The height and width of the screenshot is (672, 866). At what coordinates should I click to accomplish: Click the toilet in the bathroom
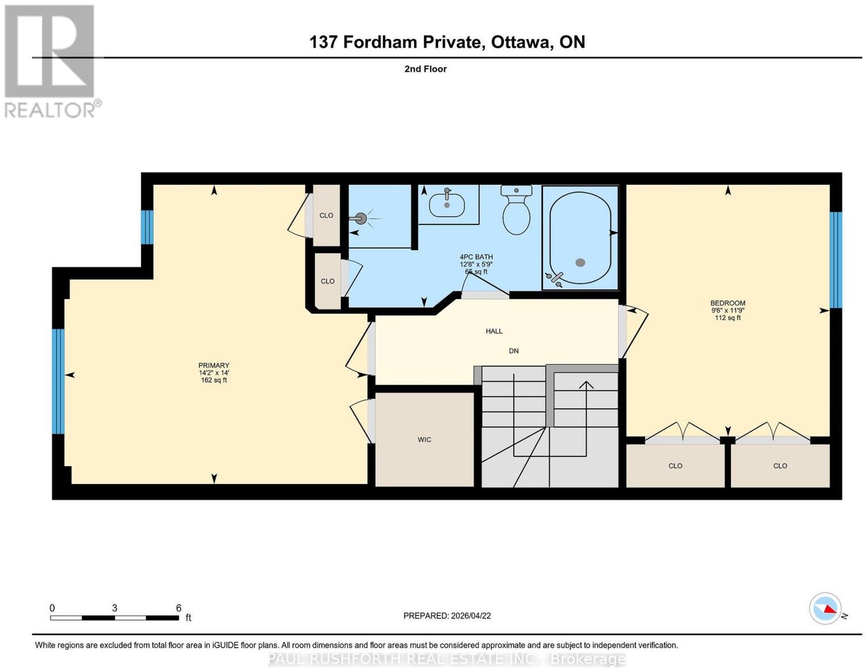tap(516, 210)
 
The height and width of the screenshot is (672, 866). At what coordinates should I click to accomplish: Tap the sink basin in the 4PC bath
tap(447, 205)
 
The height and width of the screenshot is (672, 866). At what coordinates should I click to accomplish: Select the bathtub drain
tap(581, 263)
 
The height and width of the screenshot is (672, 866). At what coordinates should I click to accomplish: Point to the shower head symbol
tap(361, 218)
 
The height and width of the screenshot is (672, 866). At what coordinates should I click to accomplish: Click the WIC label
tap(424, 440)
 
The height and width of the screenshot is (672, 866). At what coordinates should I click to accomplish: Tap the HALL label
tap(494, 331)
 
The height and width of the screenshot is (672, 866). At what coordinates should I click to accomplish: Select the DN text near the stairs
tap(514, 351)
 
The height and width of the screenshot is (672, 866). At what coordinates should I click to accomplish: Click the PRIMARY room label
tap(214, 365)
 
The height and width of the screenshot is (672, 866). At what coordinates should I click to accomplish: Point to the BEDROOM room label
tap(728, 303)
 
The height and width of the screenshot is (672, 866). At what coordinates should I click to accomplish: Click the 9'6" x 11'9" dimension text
tap(728, 310)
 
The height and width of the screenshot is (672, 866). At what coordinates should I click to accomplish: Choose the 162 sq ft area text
tap(214, 380)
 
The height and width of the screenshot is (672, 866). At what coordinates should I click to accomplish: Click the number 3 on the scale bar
tap(115, 608)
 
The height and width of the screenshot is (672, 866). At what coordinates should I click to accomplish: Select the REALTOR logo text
tap(50, 110)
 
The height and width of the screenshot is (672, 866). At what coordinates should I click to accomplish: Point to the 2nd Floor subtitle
tap(425, 69)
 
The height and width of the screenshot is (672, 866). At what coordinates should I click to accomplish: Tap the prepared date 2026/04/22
tap(471, 616)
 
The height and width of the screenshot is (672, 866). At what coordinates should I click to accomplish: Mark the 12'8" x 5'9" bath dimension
tap(477, 264)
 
